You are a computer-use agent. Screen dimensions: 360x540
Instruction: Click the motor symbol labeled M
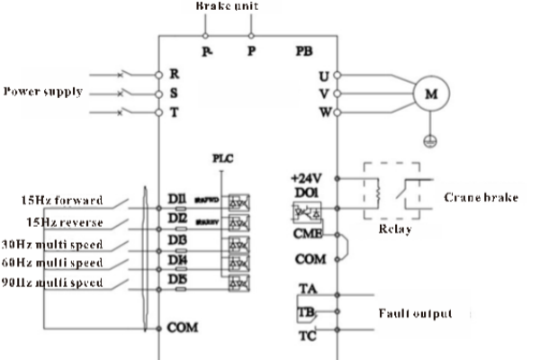click(430, 92)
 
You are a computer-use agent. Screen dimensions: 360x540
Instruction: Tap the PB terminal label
click(303, 49)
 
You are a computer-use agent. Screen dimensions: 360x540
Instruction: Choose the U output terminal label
click(324, 73)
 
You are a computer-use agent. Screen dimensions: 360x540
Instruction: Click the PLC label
click(222, 157)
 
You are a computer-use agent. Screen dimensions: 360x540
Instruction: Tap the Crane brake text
click(481, 197)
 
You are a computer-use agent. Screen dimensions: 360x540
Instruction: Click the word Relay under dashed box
click(394, 229)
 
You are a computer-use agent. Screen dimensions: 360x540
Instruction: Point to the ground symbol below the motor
click(430, 139)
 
